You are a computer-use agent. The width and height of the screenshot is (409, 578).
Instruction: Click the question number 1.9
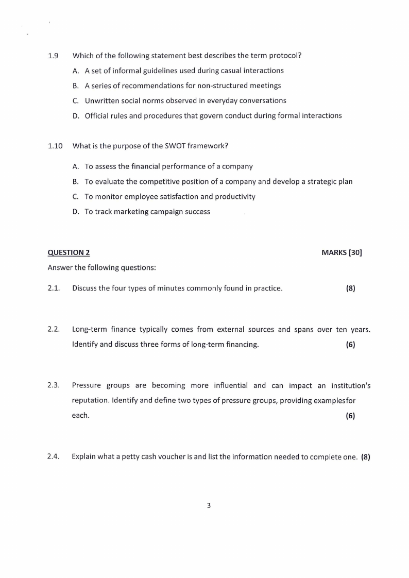coord(53,56)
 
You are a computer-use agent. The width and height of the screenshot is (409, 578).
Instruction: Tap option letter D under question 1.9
coord(76,116)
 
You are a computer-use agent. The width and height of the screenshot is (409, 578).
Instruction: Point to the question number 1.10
coord(55,146)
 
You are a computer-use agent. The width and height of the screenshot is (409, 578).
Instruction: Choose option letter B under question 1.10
coord(76,182)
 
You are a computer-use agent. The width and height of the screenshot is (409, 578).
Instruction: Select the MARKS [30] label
coord(342,252)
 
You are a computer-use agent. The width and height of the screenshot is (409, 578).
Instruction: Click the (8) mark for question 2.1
coord(350,288)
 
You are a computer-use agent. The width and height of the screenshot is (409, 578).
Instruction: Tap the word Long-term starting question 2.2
coord(90,329)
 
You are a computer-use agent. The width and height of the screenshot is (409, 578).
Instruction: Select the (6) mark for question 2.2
coord(350,345)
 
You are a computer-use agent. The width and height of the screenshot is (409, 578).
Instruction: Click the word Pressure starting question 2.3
coord(87,385)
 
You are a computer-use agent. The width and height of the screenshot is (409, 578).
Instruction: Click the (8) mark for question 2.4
coord(366,456)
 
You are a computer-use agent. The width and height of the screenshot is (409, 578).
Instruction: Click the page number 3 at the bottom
coord(209,505)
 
